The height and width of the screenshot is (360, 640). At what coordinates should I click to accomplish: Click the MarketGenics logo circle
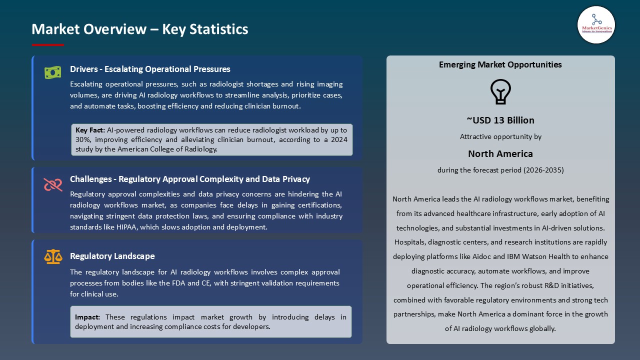coord(596,24)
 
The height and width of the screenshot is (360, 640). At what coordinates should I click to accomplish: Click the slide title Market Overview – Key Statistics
coord(140,29)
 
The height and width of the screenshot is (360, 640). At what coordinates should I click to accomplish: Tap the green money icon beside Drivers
coord(52,72)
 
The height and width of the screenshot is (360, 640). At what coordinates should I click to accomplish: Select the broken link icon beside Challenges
coord(53,184)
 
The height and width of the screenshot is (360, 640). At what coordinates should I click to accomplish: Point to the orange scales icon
coord(53,256)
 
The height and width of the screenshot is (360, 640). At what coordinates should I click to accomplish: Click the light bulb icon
coord(500,91)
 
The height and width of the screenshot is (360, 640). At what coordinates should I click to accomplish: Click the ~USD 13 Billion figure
coord(500,120)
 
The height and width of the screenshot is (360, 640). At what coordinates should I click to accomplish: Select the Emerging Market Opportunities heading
coord(500,64)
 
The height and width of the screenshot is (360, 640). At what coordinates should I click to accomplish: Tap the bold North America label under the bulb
coord(500,153)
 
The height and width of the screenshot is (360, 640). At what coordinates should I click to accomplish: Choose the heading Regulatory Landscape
coord(112,256)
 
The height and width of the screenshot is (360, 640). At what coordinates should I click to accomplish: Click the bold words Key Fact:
coord(90,130)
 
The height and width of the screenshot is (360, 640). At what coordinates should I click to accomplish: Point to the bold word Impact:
coord(87,317)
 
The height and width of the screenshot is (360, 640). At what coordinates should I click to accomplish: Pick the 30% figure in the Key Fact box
coord(83,139)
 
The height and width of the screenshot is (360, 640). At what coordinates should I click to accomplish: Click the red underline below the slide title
coord(48,45)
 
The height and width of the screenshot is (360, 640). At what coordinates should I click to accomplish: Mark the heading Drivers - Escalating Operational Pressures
coord(150,69)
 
